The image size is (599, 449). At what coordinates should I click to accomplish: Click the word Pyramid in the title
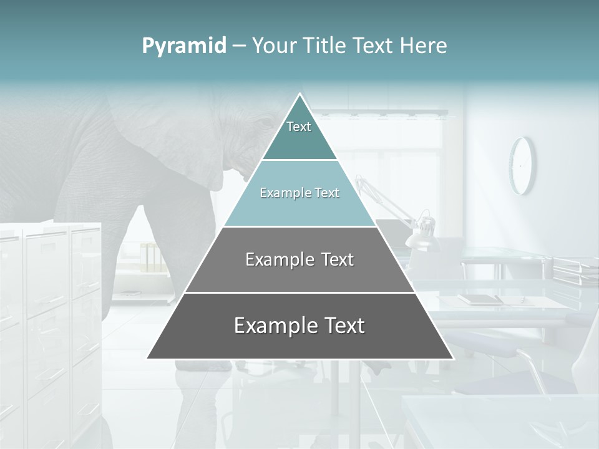tap(183, 46)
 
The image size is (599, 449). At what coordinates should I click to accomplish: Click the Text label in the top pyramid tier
tap(299, 127)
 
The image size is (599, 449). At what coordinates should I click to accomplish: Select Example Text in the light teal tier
tap(299, 193)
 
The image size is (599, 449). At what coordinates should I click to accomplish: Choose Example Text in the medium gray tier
tap(299, 259)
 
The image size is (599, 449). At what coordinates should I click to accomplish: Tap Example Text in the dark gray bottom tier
tap(299, 326)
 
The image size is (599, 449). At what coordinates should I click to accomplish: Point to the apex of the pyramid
tap(300, 95)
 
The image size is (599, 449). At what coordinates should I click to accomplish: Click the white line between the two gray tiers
tap(299, 292)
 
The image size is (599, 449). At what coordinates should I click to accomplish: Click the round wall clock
tap(522, 165)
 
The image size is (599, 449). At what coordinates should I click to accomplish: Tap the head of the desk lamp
tap(421, 231)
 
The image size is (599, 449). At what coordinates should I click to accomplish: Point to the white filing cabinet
tap(50, 312)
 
